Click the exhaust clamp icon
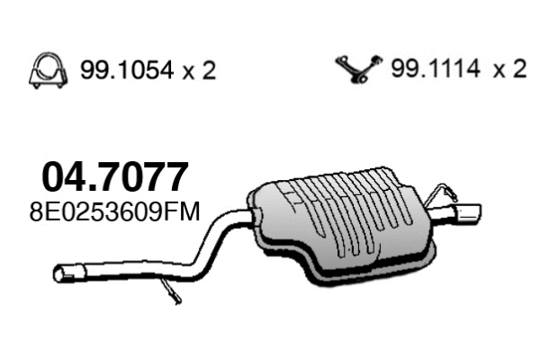pos(46,69)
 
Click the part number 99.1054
pos(120,70)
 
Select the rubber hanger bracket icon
pos(357,68)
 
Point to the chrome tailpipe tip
pos(467,213)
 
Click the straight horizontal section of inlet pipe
pos(126,270)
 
